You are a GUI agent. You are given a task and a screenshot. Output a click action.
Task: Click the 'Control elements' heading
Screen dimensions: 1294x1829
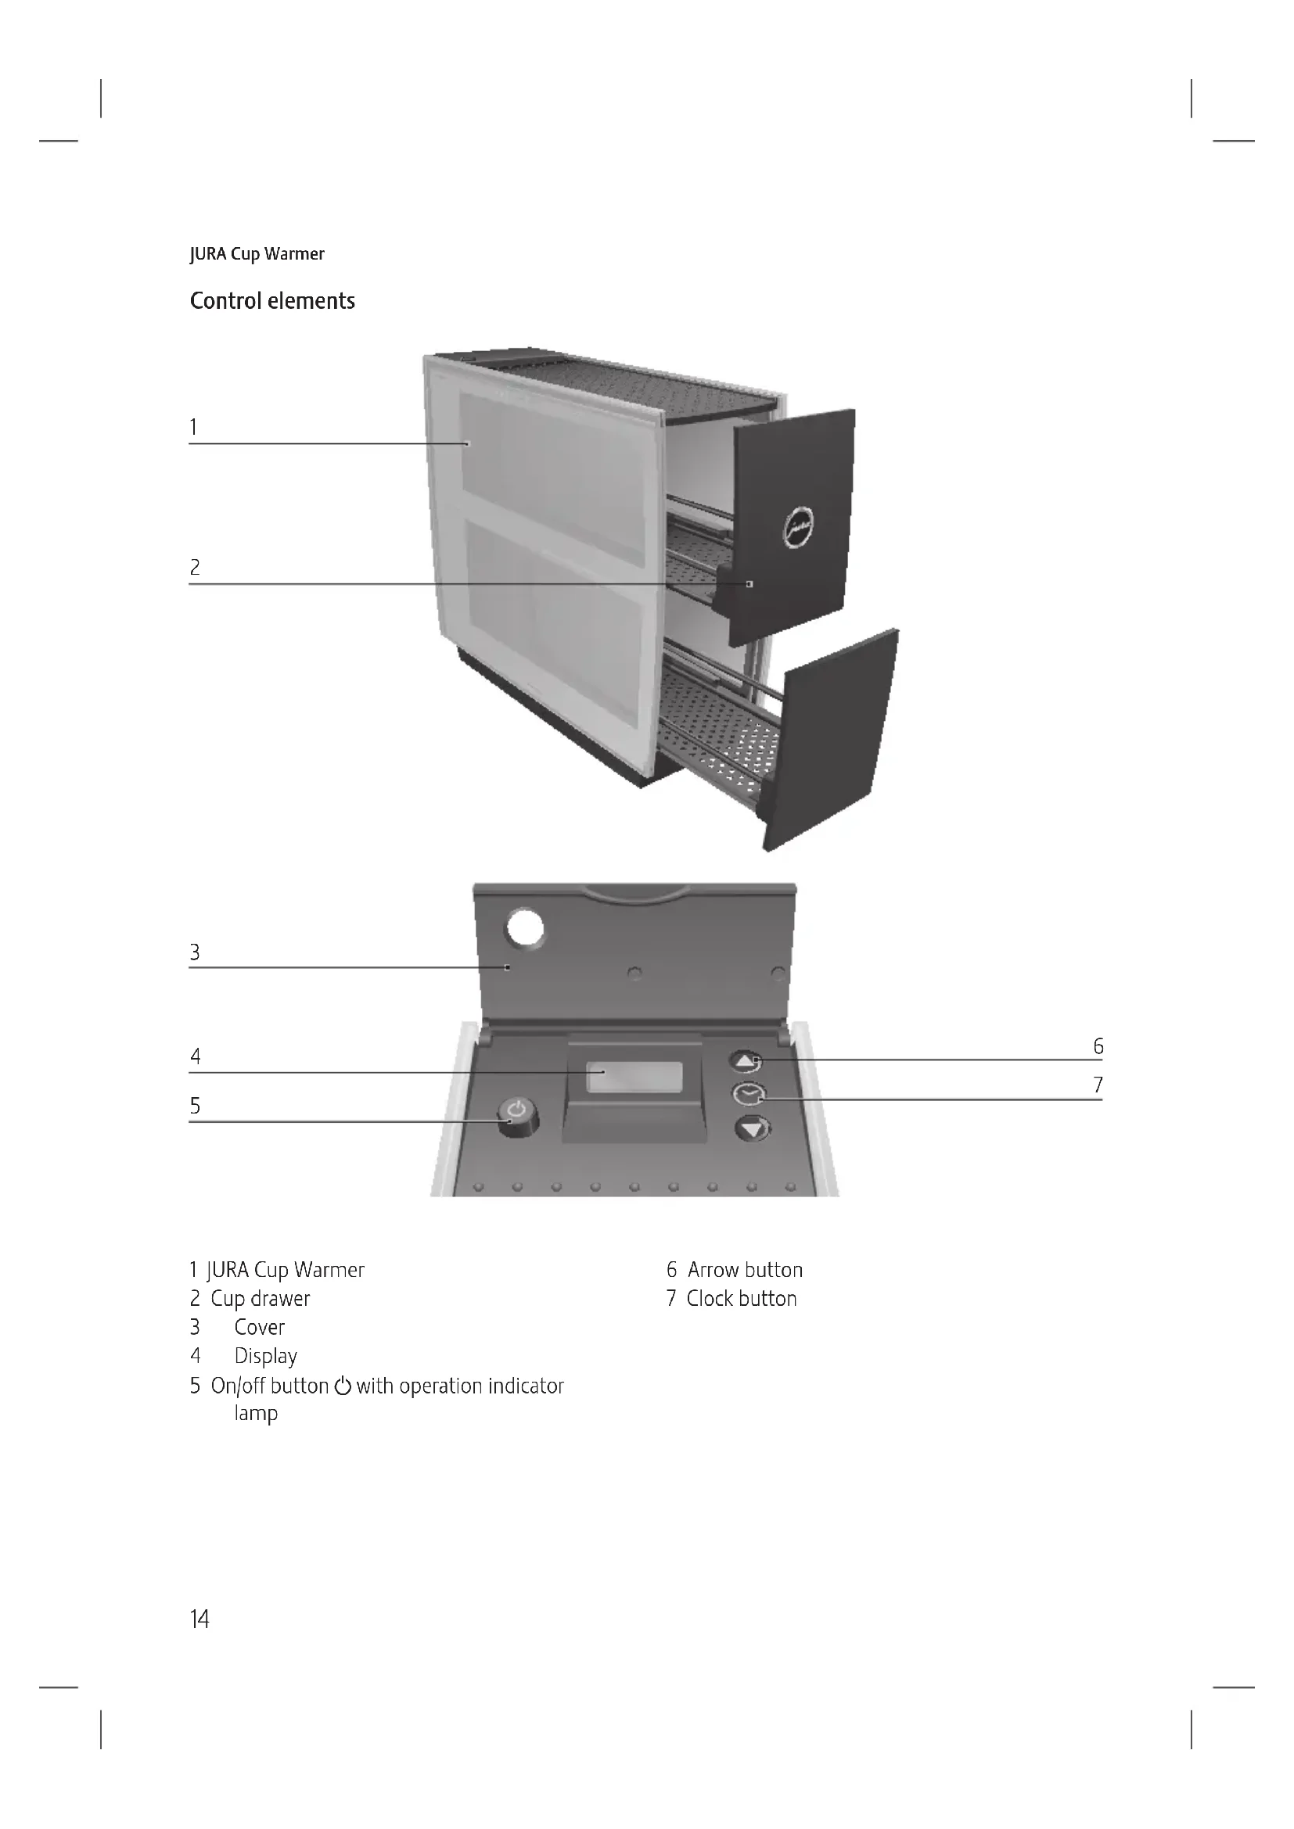click(271, 301)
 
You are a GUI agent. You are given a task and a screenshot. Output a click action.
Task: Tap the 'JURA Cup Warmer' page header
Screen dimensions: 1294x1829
click(257, 254)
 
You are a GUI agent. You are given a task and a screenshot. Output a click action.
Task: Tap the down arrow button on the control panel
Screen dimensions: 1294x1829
click(752, 1129)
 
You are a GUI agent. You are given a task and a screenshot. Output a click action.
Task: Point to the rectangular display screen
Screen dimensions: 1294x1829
click(634, 1077)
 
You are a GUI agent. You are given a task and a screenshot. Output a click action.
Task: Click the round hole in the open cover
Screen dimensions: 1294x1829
click(525, 928)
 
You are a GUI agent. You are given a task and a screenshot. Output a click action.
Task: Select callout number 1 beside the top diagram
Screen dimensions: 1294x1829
click(192, 428)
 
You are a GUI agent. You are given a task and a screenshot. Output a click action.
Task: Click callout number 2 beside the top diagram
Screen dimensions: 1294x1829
click(195, 567)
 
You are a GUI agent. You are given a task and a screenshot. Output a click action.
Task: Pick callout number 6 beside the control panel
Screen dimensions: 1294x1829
click(1098, 1046)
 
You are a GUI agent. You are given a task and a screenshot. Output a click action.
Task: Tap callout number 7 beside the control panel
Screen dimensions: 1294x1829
click(1098, 1085)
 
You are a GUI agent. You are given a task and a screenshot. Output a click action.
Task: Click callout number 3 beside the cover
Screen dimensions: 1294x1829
click(195, 952)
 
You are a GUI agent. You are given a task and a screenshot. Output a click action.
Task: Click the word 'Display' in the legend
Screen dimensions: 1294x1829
click(265, 1356)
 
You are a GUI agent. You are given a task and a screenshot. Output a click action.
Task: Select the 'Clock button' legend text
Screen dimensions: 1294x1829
click(741, 1299)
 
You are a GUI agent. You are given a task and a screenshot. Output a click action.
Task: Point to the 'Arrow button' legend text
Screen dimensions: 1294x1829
click(745, 1270)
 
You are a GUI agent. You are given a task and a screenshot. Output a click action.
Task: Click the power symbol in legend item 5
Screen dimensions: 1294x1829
click(343, 1386)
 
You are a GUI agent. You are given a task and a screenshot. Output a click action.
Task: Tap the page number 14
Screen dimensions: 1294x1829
click(199, 1619)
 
